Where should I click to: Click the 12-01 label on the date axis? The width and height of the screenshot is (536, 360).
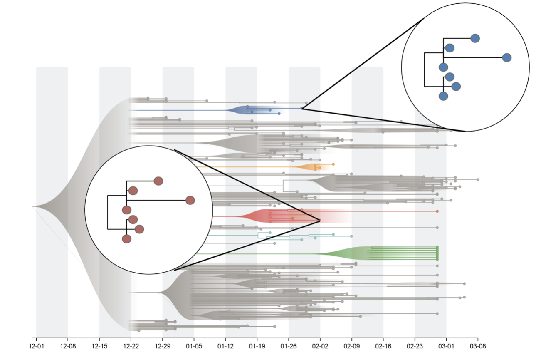pyautogui.click(x=36, y=346)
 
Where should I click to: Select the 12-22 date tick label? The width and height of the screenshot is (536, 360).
pyautogui.click(x=131, y=346)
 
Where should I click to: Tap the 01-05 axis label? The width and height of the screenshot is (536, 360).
pyautogui.click(x=194, y=346)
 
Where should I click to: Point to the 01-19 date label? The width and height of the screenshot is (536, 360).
pyautogui.click(x=257, y=346)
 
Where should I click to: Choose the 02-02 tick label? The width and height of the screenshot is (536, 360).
pyautogui.click(x=320, y=346)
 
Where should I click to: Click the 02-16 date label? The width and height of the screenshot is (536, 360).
pyautogui.click(x=383, y=346)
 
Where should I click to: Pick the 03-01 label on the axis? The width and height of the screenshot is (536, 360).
pyautogui.click(x=446, y=346)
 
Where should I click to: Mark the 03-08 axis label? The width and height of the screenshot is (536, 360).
pyautogui.click(x=478, y=346)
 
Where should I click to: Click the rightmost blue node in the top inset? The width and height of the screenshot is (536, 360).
pyautogui.click(x=507, y=58)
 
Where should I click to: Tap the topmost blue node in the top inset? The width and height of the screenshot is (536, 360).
pyautogui.click(x=475, y=38)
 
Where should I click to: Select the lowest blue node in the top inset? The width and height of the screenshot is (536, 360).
pyautogui.click(x=443, y=96)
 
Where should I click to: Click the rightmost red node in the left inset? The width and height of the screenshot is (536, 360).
pyautogui.click(x=190, y=200)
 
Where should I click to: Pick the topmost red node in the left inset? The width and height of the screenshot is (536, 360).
pyautogui.click(x=158, y=181)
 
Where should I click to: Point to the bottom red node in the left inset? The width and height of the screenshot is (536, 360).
pyautogui.click(x=126, y=239)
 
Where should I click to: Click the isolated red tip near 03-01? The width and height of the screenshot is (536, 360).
pyautogui.click(x=437, y=211)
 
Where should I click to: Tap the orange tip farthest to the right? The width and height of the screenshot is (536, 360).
pyautogui.click(x=333, y=164)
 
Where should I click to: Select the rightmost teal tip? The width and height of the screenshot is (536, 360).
pyautogui.click(x=351, y=236)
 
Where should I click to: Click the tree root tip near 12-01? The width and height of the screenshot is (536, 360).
pyautogui.click(x=32, y=206)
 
